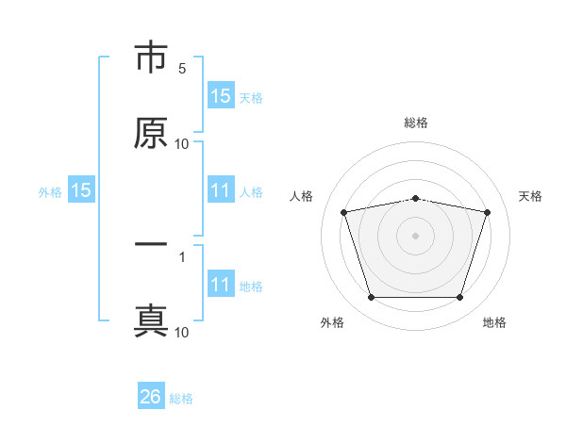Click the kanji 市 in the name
pos(151,58)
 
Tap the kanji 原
pos(151,134)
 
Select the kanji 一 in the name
pos(151,245)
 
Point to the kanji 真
pos(151,320)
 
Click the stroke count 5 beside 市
pos(182,69)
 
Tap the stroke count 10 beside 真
pos(181,332)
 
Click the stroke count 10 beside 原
pos(181,144)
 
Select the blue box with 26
pos(151,397)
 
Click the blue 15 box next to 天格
pos(221,95)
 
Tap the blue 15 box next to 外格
pos(81,190)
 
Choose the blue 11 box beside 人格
pos(221,190)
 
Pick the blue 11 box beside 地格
pos(221,285)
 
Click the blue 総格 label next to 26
pos(181,399)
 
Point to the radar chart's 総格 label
pos(416,123)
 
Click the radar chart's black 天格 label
pos(531,196)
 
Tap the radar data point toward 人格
pos(344,212)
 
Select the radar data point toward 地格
pos(459,298)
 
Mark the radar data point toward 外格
pos(371,298)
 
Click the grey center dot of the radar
pos(416,235)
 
